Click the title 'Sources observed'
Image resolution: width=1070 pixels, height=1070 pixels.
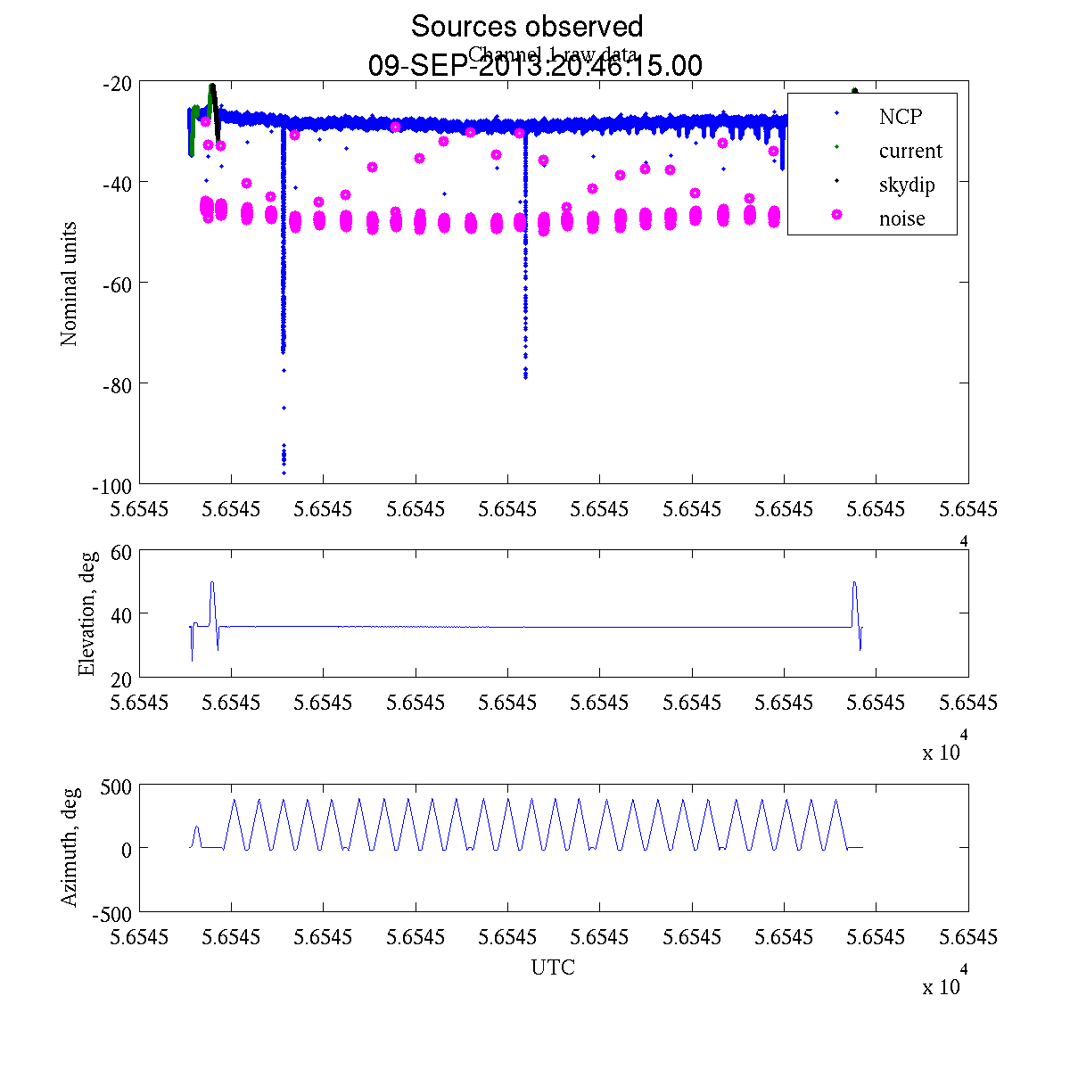526,27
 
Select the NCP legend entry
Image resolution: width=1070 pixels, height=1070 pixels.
900,117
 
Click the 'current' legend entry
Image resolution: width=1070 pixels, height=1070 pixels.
909,152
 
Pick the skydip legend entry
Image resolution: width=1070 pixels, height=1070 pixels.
906,185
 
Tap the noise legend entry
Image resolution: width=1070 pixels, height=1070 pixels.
901,219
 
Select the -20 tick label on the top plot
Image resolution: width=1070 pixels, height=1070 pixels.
119,84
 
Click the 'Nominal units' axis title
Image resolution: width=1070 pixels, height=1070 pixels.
70,284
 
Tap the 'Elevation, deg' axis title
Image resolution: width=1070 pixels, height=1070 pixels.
86,613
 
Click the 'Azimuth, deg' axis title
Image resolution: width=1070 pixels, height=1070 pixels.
70,847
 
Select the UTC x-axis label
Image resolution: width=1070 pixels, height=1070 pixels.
553,967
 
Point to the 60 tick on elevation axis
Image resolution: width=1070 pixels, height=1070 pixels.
121,552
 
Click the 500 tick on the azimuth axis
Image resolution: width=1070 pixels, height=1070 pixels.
116,786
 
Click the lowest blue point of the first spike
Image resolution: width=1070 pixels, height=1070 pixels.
284,473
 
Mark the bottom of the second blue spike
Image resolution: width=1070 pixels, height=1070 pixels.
525,377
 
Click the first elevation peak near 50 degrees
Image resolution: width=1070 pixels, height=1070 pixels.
212,582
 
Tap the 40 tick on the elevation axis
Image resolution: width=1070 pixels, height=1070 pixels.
121,614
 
